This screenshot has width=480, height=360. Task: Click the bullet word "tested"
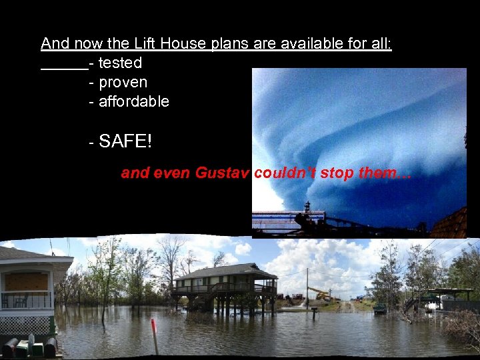(x=120, y=63)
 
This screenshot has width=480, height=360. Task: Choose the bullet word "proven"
(x=123, y=83)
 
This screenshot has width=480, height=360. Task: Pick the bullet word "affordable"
(x=134, y=102)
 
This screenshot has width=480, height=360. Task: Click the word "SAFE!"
(x=125, y=141)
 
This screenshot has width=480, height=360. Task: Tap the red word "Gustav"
(x=222, y=173)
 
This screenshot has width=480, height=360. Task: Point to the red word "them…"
(x=385, y=173)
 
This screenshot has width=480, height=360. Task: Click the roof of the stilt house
(x=227, y=272)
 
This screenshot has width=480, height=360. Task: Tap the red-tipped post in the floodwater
(x=154, y=333)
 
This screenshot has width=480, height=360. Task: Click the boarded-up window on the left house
(x=26, y=281)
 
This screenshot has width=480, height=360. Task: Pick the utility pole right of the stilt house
(x=307, y=287)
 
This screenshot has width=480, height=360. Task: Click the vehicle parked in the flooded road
(x=379, y=309)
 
